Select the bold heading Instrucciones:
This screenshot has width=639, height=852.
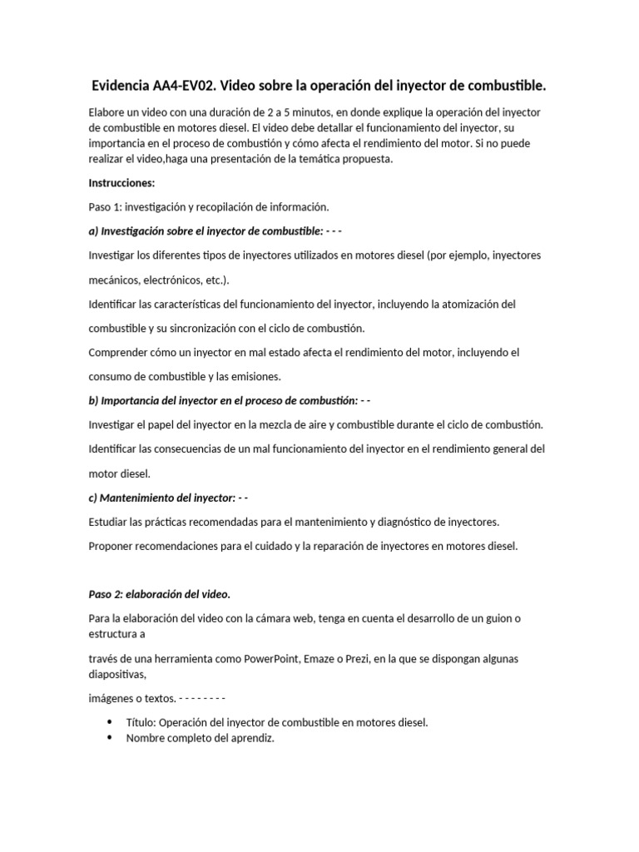pyautogui.click(x=121, y=183)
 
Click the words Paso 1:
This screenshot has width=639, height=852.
pyautogui.click(x=105, y=207)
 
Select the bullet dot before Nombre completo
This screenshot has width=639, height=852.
pyautogui.click(x=111, y=737)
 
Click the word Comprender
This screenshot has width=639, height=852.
pyautogui.click(x=116, y=352)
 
